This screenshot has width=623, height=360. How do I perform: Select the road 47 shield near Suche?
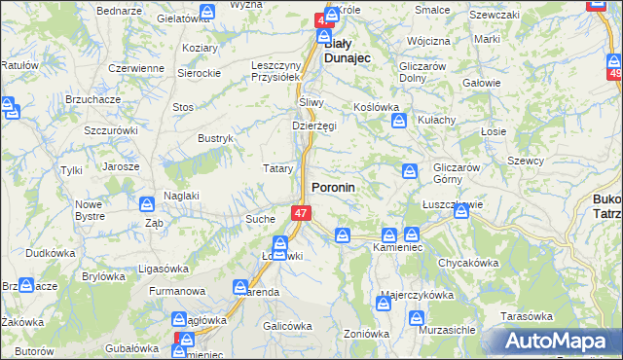click(x=302, y=212)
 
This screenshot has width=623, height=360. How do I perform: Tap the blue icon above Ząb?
click(x=147, y=204)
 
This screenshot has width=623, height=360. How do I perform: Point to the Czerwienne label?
click(x=136, y=68)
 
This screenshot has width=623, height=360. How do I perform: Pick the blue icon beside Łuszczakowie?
click(x=461, y=209)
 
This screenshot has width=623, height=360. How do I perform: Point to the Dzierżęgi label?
click(x=314, y=126)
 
